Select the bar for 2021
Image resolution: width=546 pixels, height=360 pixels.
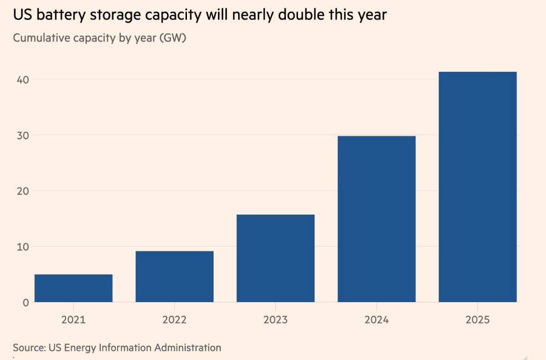pos(74,288)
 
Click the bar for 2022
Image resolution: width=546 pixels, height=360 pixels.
pos(174,277)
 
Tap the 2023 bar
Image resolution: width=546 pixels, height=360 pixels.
pos(275,258)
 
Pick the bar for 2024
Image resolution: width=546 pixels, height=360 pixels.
pos(377,219)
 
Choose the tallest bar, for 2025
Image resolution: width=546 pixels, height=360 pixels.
pos(478,187)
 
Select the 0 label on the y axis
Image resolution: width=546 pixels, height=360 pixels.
pos(26,303)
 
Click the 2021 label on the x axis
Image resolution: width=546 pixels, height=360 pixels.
pos(74,320)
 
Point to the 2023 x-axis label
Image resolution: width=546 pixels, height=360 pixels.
pos(275,320)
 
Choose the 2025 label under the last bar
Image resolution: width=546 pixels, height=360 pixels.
pos(478,320)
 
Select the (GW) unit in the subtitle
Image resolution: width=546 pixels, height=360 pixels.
pos(173,37)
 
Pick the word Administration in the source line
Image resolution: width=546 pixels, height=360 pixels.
pos(190,347)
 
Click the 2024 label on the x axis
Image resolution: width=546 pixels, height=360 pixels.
pos(377,320)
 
